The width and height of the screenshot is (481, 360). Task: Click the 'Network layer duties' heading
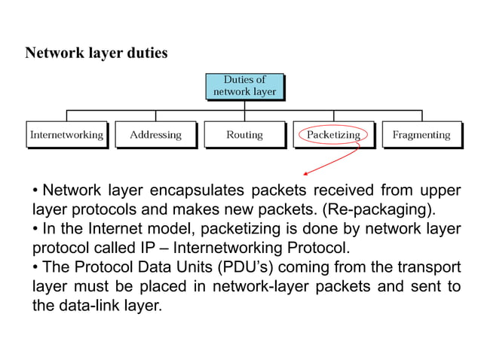coord(97,53)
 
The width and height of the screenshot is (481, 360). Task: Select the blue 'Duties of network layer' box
coord(244,86)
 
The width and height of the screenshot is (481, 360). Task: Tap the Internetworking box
coord(66,135)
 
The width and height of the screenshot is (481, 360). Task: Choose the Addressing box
coord(155,135)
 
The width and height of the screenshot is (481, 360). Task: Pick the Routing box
coord(244,135)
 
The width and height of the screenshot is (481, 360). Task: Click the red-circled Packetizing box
coord(333,135)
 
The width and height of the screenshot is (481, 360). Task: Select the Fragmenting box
coord(421,135)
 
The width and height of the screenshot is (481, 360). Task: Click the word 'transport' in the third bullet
coord(426,267)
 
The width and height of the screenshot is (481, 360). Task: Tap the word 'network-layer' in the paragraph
coord(259,287)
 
